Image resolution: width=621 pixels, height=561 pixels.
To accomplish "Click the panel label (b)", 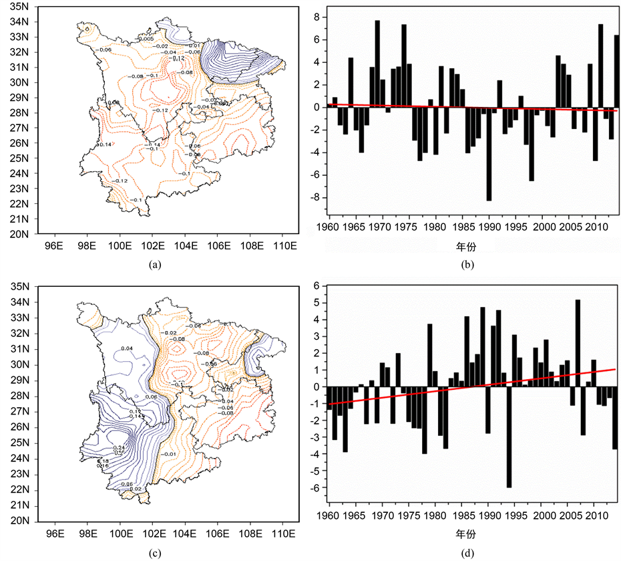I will pos(467,265).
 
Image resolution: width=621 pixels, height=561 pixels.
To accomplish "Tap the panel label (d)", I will pos(467,552).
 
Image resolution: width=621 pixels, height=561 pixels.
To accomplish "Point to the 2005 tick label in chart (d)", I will pos(572,516).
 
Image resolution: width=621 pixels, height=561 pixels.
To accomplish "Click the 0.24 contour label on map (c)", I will pos(120,447).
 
